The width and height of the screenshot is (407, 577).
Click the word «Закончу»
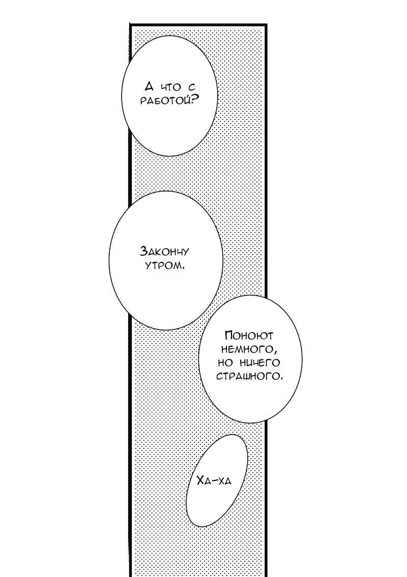(165, 252)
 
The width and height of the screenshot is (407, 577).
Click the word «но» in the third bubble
(225, 363)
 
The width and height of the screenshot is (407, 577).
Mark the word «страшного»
(248, 377)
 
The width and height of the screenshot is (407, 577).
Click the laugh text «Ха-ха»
(214, 480)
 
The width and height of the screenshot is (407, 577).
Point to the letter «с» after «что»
(191, 87)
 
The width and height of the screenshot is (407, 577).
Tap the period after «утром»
(182, 268)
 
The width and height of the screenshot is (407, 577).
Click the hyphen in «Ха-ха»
(215, 480)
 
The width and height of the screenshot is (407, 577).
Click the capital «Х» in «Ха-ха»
(201, 479)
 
